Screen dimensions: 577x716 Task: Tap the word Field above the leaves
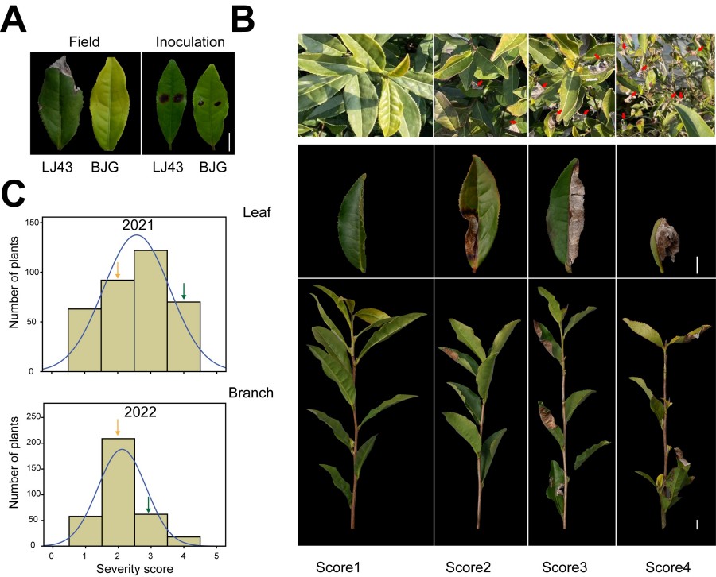point(85,41)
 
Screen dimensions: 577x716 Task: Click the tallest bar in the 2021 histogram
point(150,310)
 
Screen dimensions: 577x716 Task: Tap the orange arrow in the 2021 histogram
point(118,269)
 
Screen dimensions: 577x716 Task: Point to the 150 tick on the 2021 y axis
point(33,223)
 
